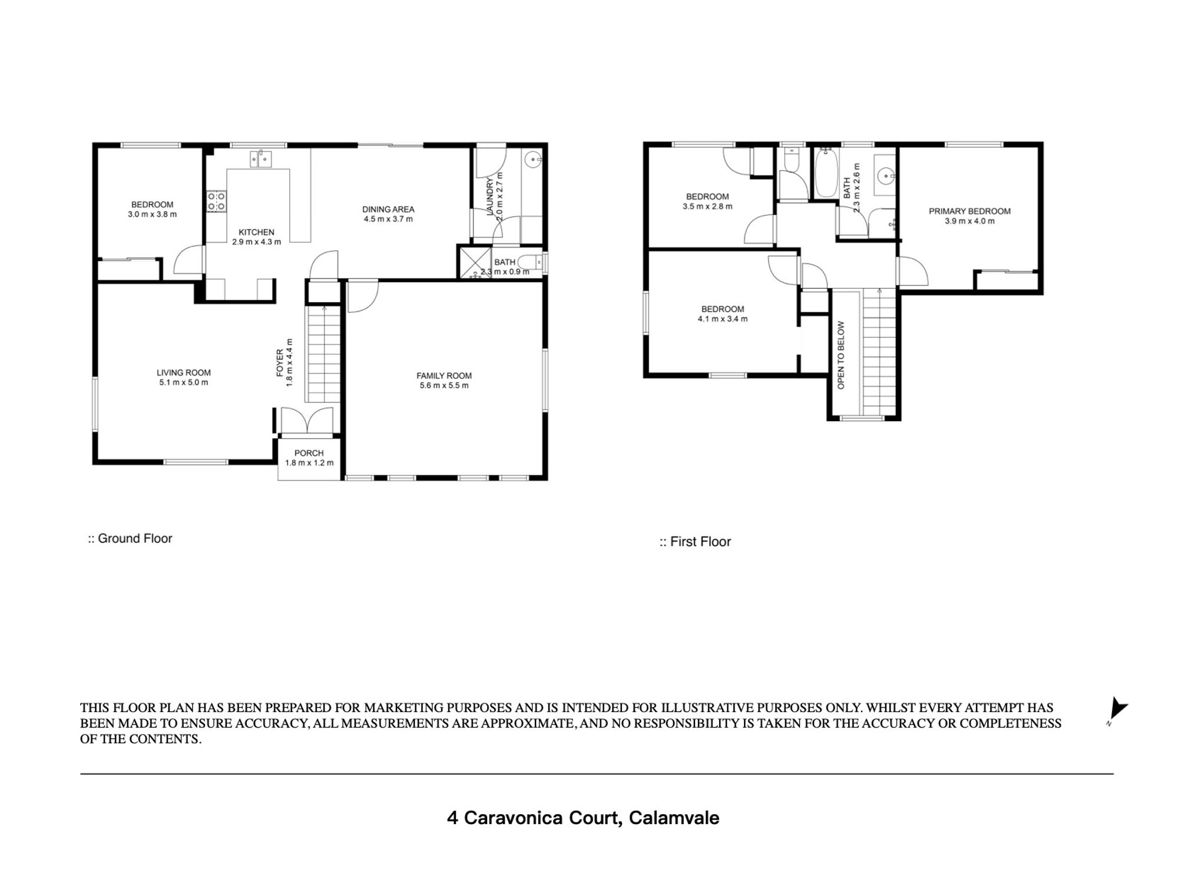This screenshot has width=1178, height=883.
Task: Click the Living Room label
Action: click(x=183, y=372)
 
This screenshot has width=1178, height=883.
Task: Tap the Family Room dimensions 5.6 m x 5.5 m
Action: click(x=444, y=385)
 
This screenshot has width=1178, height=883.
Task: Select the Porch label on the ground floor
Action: click(x=309, y=453)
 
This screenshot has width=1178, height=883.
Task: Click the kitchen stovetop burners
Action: click(x=216, y=201)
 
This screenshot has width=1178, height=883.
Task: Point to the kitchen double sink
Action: click(x=261, y=159)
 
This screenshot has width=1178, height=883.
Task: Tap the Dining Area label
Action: click(x=388, y=209)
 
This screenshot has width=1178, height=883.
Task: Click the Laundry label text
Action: click(x=490, y=197)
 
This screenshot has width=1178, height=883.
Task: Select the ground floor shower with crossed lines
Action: click(x=475, y=262)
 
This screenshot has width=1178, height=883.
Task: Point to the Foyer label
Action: click(x=280, y=363)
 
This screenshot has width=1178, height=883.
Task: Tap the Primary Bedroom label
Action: click(x=969, y=211)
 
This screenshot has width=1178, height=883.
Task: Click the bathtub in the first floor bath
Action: click(x=826, y=173)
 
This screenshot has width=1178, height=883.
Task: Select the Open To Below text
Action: click(x=841, y=355)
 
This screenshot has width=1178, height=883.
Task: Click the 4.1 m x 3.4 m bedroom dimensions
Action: click(x=723, y=319)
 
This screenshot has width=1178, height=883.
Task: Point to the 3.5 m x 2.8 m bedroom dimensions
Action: click(x=707, y=206)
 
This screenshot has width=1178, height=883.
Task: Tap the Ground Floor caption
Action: click(x=130, y=538)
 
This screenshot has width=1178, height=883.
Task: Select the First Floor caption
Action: click(x=695, y=542)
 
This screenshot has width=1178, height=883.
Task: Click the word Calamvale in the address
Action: click(x=674, y=818)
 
